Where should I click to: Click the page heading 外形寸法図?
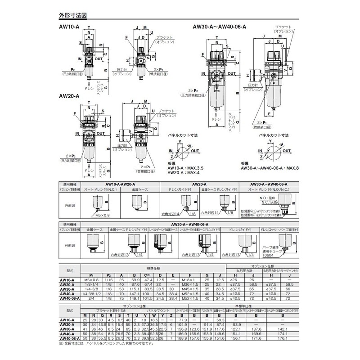(72, 15)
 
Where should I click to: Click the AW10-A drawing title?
(68, 26)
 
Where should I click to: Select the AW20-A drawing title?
(68, 96)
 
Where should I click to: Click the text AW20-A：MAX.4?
(180, 172)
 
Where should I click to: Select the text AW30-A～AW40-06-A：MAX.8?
(270, 168)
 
